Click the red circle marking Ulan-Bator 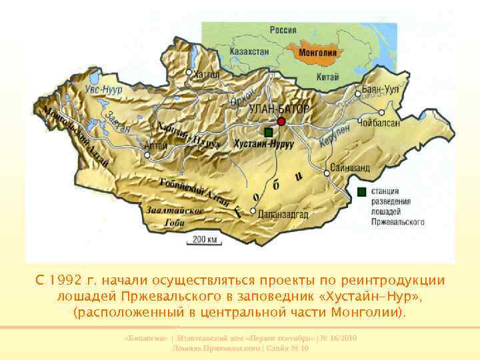(281, 121)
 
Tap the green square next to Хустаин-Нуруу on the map (268, 132)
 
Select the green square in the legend (361, 192)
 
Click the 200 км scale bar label (205, 239)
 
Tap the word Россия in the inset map (283, 29)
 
